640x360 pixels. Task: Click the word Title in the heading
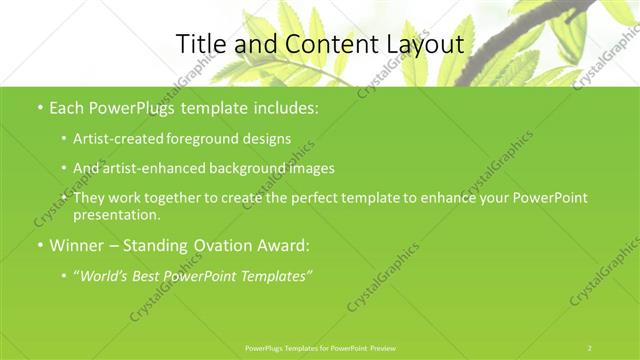(x=201, y=44)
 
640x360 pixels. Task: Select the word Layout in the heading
(x=422, y=45)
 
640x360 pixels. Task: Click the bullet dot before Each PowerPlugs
(x=39, y=107)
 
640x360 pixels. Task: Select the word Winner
(x=78, y=245)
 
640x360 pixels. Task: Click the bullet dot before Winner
(x=39, y=245)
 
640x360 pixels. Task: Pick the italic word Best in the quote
(x=151, y=275)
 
